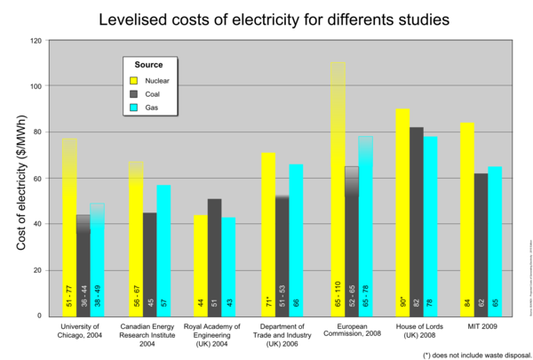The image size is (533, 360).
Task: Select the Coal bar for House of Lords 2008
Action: click(x=416, y=221)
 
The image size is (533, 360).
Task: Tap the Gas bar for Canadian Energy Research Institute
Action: click(x=163, y=250)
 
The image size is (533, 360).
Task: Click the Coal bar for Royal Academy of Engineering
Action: click(x=216, y=257)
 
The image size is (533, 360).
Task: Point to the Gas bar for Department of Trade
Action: click(x=297, y=240)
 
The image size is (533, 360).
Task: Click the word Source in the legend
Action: click(x=148, y=65)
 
